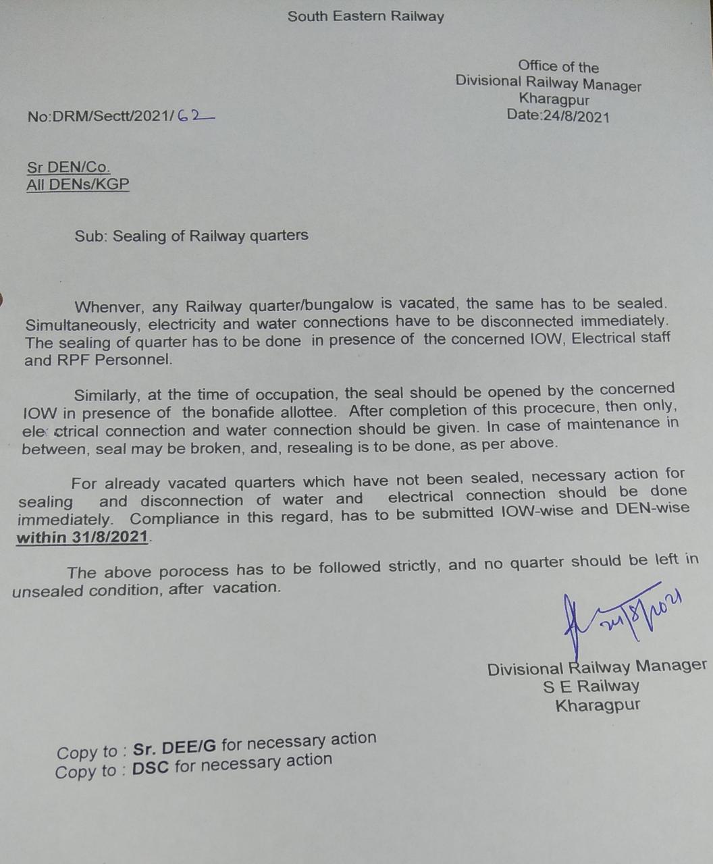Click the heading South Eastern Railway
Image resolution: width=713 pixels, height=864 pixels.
(x=365, y=16)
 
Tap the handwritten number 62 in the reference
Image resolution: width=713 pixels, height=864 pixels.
(x=194, y=115)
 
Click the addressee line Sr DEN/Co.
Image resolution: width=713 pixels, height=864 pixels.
(x=68, y=167)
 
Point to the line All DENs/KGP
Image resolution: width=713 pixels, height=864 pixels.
(x=78, y=184)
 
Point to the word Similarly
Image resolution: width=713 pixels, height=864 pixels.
(x=105, y=395)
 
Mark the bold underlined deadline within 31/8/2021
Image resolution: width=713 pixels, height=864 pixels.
(x=82, y=537)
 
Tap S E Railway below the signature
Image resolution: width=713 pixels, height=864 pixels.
(x=591, y=686)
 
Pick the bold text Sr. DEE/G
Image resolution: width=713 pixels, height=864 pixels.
(x=174, y=747)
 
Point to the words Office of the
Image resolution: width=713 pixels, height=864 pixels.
(x=558, y=66)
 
